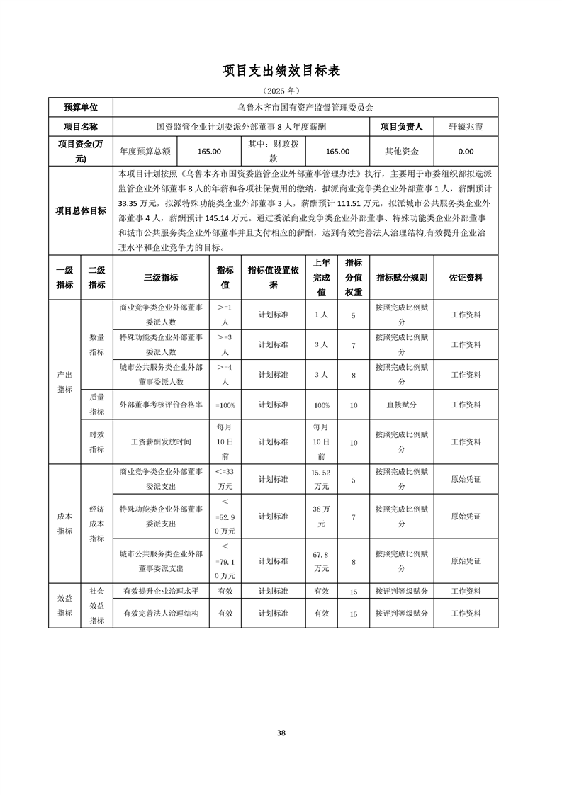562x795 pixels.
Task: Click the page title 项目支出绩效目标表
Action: [x=281, y=71]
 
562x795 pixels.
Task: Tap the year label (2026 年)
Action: [x=281, y=91]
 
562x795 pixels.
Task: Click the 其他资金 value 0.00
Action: [x=466, y=151]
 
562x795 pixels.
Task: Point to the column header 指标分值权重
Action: [x=353, y=277]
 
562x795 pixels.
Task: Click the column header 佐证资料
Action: [x=466, y=278]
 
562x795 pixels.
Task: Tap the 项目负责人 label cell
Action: [x=401, y=127]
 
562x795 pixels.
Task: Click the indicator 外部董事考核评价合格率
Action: [x=161, y=405]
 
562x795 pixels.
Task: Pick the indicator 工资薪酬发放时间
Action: [x=161, y=441]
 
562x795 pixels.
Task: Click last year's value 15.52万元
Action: [x=321, y=479]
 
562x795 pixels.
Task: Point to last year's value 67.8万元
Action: [x=321, y=560]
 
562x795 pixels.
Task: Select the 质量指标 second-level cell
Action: [x=96, y=405]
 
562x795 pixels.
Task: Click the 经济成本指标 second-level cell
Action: [x=96, y=524]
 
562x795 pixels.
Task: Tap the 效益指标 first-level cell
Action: [x=64, y=606]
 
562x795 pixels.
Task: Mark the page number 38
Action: [x=281, y=733]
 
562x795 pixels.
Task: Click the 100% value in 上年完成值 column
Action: [x=321, y=405]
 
